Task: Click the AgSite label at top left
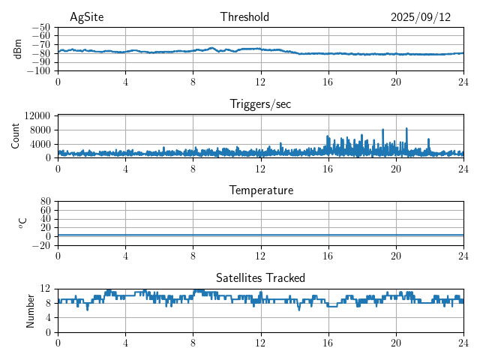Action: pyautogui.click(x=85, y=17)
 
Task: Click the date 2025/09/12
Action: pyautogui.click(x=420, y=17)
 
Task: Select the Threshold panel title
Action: pyautogui.click(x=244, y=17)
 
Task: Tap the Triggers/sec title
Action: pyautogui.click(x=260, y=104)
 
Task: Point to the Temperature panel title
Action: pyautogui.click(x=260, y=190)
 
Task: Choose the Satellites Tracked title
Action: pyautogui.click(x=260, y=277)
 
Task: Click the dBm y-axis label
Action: pyautogui.click(x=17, y=49)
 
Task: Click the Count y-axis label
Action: pyautogui.click(x=16, y=136)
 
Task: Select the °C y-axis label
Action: pyautogui.click(x=22, y=223)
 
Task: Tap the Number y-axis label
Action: pyautogui.click(x=31, y=310)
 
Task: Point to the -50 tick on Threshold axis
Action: pyautogui.click(x=41, y=27)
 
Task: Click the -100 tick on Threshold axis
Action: pyautogui.click(x=39, y=71)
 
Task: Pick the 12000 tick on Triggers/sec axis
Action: pyautogui.click(x=37, y=115)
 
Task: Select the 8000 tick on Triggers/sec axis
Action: pyautogui.click(x=40, y=129)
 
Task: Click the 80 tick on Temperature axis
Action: pyautogui.click(x=46, y=202)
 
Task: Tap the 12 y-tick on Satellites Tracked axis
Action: pyautogui.click(x=46, y=289)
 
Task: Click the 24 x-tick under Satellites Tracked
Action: pyautogui.click(x=463, y=343)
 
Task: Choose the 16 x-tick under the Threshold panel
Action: pyautogui.click(x=328, y=82)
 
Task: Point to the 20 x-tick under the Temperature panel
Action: pyautogui.click(x=395, y=256)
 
